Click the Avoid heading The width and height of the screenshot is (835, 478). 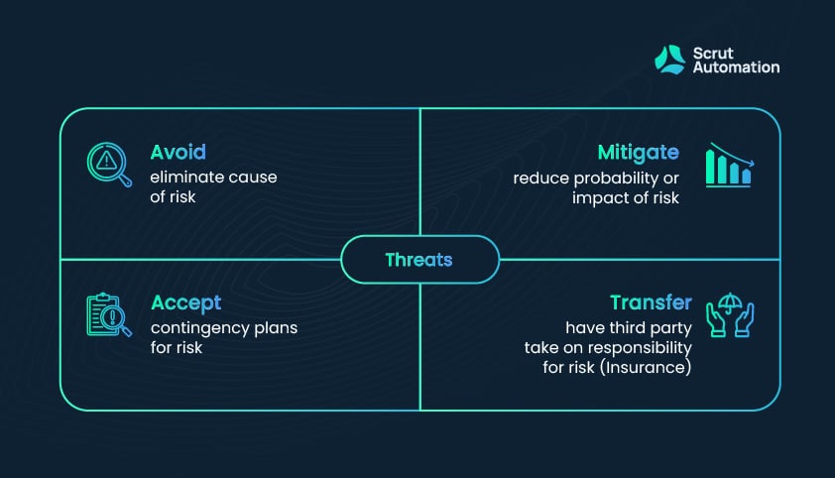pyautogui.click(x=178, y=153)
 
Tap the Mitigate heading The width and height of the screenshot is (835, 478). pyautogui.click(x=638, y=154)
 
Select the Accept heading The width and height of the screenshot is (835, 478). pyautogui.click(x=185, y=303)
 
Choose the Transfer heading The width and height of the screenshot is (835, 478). pyautogui.click(x=651, y=302)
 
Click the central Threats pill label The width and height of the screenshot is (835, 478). pyautogui.click(x=419, y=260)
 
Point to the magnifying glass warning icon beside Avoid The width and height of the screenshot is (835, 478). pyautogui.click(x=109, y=165)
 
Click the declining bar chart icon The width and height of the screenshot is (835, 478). pyautogui.click(x=730, y=165)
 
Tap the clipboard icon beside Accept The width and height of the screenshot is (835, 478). pyautogui.click(x=109, y=314)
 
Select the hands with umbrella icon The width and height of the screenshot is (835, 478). pyautogui.click(x=730, y=314)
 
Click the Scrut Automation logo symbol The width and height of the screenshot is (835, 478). pyautogui.click(x=670, y=60)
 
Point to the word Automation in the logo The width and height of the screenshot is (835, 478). pyautogui.click(x=737, y=67)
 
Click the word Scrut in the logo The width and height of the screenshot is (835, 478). pyautogui.click(x=713, y=54)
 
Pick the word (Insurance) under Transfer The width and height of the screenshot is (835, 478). pyautogui.click(x=646, y=367)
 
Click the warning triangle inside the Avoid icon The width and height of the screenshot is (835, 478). pyautogui.click(x=106, y=160)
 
